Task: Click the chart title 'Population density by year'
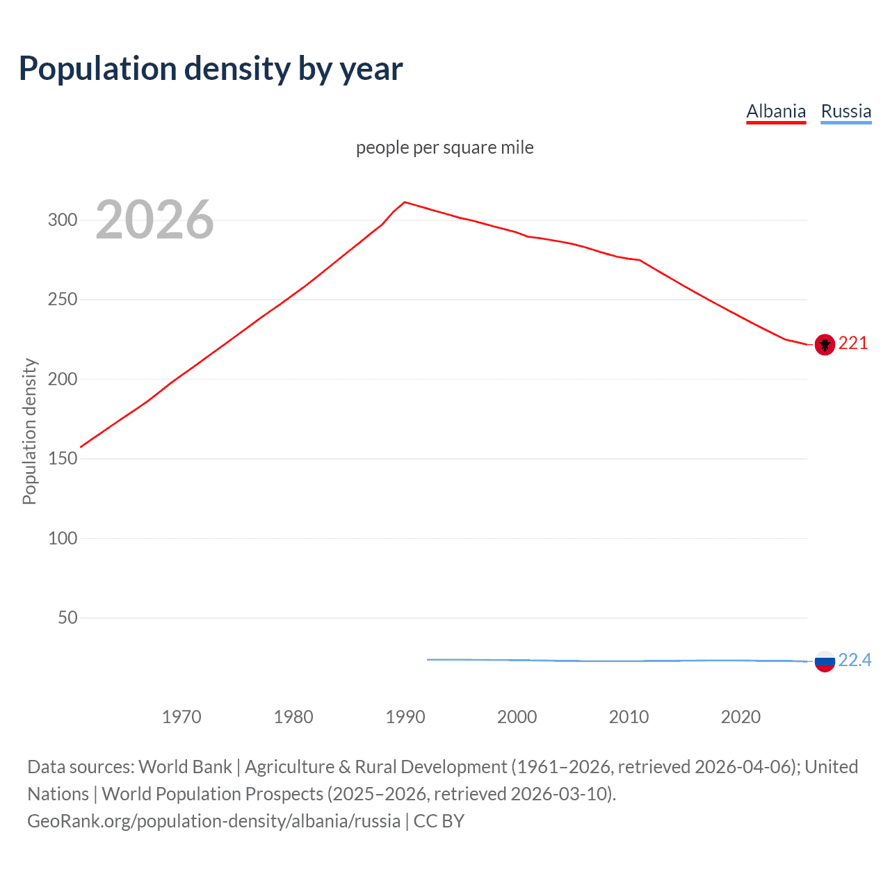coord(211,69)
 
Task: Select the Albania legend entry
coord(776,111)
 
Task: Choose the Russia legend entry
coord(845,111)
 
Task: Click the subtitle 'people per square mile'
coord(444,147)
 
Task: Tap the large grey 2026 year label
coord(154,220)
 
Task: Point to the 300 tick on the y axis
coord(63,220)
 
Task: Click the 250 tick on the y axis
coord(63,300)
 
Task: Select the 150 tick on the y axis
coord(63,459)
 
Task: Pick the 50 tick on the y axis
coord(67,617)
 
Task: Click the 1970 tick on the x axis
coord(181,717)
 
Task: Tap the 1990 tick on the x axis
coord(405,717)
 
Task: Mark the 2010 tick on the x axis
coord(629,717)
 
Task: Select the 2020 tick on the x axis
coord(741,717)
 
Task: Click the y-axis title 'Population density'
coord(29,431)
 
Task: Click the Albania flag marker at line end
coord(825,344)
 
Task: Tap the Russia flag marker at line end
coord(825,661)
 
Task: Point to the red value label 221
coord(853,343)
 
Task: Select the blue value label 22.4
coord(855,660)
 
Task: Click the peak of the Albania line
coord(405,202)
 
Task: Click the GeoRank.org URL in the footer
coord(213,821)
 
